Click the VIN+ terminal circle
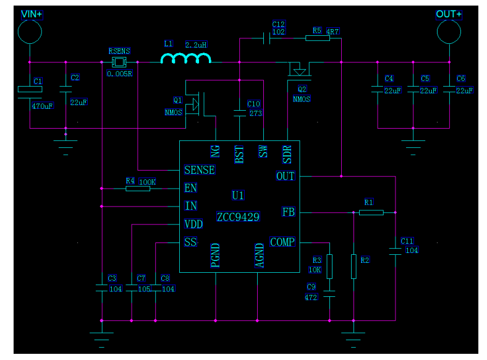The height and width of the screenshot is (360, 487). [x=29, y=31]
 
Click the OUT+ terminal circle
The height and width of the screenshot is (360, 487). [x=449, y=31]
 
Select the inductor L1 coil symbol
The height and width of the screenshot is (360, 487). [x=185, y=59]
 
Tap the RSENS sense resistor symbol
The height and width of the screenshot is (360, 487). [x=119, y=62]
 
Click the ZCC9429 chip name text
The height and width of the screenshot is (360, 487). [x=238, y=217]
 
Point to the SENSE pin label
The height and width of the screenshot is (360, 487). [x=200, y=170]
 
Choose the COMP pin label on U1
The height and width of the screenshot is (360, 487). [x=282, y=242]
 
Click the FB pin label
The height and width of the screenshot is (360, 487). [x=288, y=212]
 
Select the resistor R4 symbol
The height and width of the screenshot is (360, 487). [x=138, y=188]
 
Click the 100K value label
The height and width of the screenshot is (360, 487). [x=147, y=182]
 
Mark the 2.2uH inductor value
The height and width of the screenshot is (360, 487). [x=195, y=45]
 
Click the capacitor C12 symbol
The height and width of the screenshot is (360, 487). [x=266, y=38]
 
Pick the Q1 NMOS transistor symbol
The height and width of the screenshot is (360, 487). [x=197, y=104]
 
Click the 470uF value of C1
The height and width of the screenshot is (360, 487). [x=42, y=106]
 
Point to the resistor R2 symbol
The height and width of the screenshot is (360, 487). [x=354, y=266]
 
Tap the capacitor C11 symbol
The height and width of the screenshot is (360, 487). [x=395, y=251]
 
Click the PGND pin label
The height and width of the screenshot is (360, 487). [x=215, y=255]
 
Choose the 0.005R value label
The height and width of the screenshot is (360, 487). [x=119, y=73]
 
